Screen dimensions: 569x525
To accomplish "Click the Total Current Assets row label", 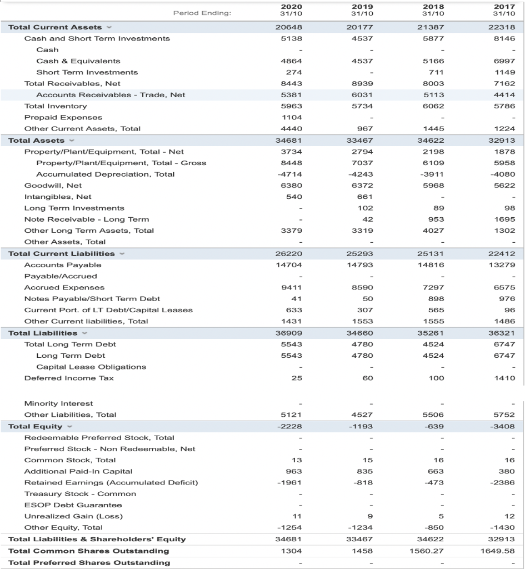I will (x=55, y=27).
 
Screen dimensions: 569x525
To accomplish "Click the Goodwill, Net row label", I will (x=53, y=186).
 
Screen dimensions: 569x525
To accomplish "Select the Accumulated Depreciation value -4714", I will (x=292, y=174).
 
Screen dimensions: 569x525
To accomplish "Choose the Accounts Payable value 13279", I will (x=505, y=265).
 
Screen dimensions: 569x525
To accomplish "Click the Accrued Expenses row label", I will (x=64, y=288).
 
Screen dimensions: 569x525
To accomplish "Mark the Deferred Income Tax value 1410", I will (x=505, y=378).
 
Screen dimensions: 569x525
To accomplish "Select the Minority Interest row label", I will (x=58, y=403).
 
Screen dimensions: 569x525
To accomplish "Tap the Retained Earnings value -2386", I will (x=505, y=482).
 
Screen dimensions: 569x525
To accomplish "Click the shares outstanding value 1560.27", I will (x=429, y=551).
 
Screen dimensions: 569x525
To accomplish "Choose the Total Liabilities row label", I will (x=43, y=333).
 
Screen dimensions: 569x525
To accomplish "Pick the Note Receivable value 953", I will (x=437, y=219).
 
